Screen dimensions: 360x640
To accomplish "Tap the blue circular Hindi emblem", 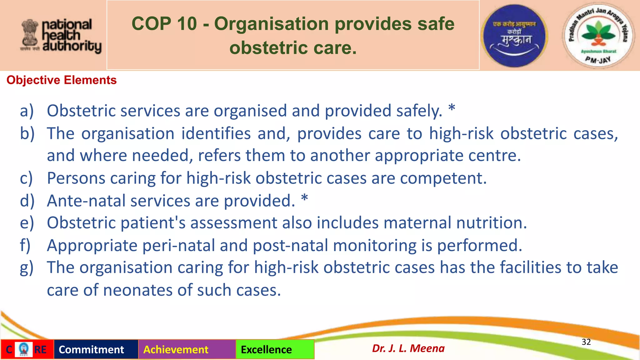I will pos(514,36).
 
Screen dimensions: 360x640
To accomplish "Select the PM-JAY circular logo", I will pos(598,36).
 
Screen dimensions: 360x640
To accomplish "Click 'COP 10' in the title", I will pos(164,24).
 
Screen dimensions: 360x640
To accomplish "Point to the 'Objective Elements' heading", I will pos(62,80).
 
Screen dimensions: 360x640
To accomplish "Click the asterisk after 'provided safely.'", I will pos(452,109).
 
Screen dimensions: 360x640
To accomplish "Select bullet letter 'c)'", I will pos(26,178).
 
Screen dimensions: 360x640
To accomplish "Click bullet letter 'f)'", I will pos(25,245).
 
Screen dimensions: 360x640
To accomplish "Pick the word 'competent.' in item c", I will pos(443,178).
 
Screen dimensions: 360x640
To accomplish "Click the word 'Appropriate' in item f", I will pos(92,245).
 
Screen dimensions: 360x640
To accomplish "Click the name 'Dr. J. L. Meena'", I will pos(408,348).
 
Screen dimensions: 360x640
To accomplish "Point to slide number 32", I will pos(586,342).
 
